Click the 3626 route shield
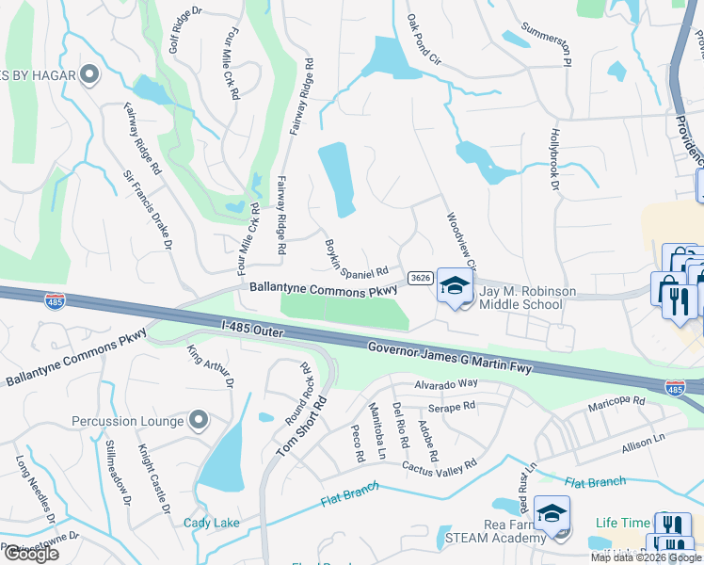(421, 278)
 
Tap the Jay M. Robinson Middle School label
(527, 299)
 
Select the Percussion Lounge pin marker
(198, 420)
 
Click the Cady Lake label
(211, 523)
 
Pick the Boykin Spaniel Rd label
(357, 258)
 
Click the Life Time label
(622, 523)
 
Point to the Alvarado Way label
(447, 383)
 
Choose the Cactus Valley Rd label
(440, 464)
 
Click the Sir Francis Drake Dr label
(148, 209)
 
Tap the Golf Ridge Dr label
(185, 33)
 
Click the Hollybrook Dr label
(553, 161)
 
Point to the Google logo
(31, 554)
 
